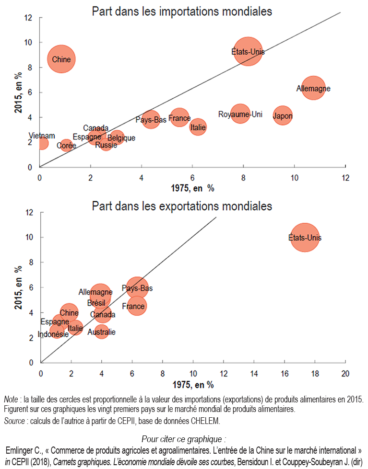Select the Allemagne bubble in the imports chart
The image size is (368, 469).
click(x=313, y=89)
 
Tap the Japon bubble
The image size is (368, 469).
click(x=283, y=115)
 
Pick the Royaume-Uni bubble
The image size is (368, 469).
click(x=240, y=114)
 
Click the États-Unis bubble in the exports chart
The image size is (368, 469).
click(x=305, y=238)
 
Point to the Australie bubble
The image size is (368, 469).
click(x=101, y=332)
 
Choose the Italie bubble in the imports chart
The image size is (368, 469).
click(x=198, y=127)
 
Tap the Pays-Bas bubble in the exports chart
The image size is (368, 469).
click(x=137, y=288)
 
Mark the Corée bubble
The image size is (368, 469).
click(x=66, y=145)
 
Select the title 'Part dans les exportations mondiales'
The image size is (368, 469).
click(x=182, y=206)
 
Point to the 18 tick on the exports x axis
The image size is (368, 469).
click(x=314, y=373)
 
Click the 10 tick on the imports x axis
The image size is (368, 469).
click(x=294, y=178)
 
